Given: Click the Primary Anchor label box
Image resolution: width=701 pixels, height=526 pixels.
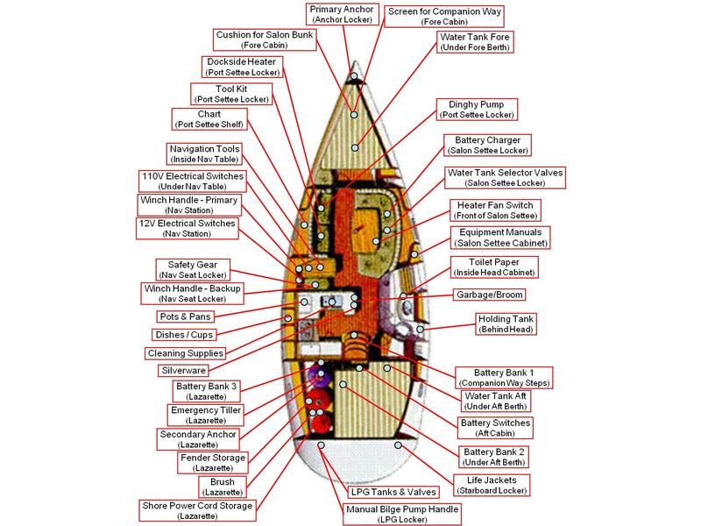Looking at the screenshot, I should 342,15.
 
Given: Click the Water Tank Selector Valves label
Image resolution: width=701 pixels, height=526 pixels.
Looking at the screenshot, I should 505,178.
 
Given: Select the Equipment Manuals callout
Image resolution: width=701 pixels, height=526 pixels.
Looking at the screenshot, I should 499,238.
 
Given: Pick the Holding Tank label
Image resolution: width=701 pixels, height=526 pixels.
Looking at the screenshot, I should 506,324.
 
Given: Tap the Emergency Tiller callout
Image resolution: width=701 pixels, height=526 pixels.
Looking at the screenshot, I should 206,415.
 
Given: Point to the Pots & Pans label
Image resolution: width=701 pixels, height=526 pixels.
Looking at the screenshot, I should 186,316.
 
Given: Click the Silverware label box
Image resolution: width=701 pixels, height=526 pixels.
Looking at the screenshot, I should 182,371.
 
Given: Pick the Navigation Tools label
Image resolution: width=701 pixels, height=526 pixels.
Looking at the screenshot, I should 204,153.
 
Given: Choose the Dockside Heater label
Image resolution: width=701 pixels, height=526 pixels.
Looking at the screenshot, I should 243,68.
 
